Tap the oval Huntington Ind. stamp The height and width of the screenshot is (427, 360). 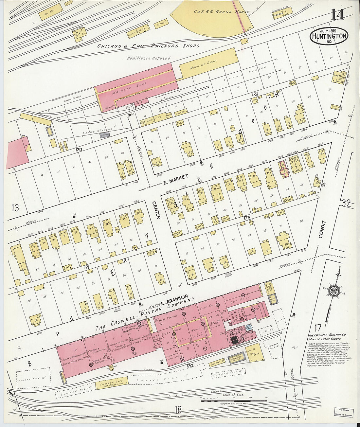329,36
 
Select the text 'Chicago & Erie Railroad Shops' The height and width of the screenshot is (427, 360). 148,46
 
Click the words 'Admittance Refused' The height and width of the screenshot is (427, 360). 149,58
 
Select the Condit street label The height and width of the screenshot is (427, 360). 320,229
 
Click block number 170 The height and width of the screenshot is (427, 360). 78,150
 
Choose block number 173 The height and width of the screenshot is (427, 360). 247,217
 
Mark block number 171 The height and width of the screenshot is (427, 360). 86,267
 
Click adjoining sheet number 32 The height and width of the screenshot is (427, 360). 346,204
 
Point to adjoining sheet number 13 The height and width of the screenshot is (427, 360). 15,207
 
